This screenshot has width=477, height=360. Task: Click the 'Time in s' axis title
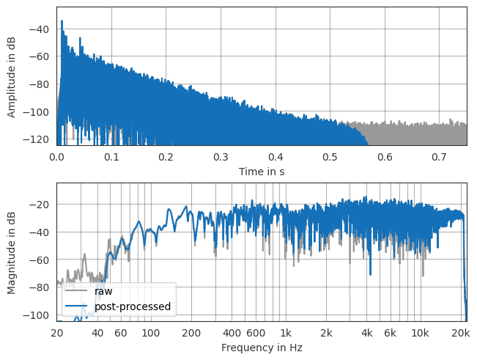262,172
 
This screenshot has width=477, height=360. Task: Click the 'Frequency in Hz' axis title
262,348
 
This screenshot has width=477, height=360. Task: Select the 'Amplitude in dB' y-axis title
12,76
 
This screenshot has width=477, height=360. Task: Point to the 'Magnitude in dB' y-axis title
12,251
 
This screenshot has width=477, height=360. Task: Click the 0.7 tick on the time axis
440,158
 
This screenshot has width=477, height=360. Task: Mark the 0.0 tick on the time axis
56,158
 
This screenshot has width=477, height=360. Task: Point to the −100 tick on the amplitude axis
38,111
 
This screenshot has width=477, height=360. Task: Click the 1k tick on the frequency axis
286,334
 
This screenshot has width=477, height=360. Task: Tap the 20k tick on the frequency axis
461,334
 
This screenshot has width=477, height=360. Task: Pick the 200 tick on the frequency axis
191,334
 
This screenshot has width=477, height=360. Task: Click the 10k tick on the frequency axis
420,334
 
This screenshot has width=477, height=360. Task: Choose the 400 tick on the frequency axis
232,334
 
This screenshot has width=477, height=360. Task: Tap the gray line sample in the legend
77,291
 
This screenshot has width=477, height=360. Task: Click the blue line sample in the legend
77,306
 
